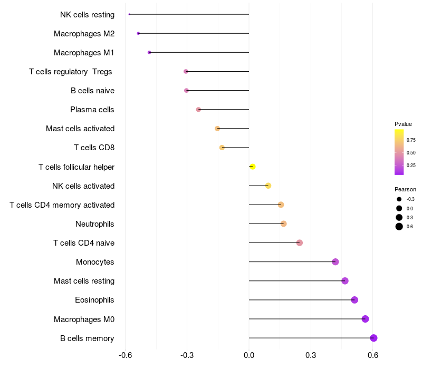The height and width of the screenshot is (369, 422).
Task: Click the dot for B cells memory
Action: click(x=373, y=338)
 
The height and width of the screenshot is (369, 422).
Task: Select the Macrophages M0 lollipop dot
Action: click(x=365, y=319)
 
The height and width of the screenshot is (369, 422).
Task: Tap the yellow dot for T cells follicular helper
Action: click(x=252, y=167)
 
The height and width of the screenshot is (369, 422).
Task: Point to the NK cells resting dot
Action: click(x=129, y=14)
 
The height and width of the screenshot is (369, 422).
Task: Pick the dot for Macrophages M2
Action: click(x=138, y=33)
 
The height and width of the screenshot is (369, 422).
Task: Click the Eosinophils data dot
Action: click(x=354, y=300)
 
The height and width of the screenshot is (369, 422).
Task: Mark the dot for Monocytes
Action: click(x=335, y=262)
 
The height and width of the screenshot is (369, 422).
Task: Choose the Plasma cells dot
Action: click(x=198, y=110)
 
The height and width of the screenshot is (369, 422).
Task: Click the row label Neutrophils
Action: click(x=95, y=224)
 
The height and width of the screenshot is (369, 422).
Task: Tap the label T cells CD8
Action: click(x=94, y=148)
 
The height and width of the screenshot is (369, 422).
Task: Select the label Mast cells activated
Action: click(x=80, y=129)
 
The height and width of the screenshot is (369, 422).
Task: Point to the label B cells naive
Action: click(x=92, y=91)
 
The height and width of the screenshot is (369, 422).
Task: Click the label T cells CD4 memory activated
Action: click(x=62, y=205)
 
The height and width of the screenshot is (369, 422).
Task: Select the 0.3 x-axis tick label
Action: click(x=311, y=355)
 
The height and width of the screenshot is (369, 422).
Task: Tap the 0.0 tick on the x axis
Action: click(x=249, y=355)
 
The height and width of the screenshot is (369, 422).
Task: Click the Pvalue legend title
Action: click(x=403, y=124)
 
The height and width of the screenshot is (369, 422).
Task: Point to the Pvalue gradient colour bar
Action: click(x=399, y=152)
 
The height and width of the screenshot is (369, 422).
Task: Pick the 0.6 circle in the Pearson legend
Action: click(x=399, y=227)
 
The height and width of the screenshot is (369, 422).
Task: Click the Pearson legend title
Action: click(x=405, y=189)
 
